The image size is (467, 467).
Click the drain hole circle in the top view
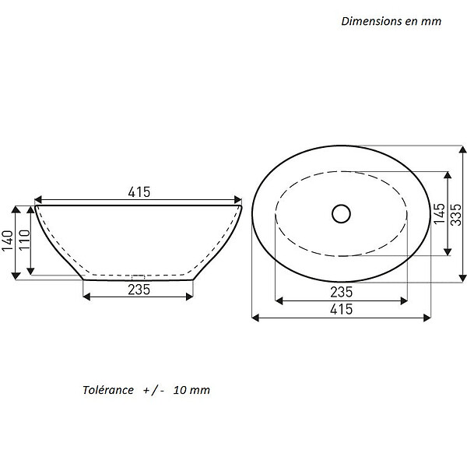341,205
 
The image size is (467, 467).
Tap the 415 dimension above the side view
139,192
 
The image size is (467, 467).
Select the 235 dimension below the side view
139,290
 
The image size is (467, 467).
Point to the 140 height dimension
8,241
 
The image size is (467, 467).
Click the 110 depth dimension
25,240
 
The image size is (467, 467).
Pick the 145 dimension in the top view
440,213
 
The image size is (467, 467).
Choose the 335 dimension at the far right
455,215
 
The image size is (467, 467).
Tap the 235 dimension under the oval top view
342,292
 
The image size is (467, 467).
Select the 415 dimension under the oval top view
342,309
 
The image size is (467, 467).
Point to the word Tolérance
108,390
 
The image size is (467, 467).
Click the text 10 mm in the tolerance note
191,390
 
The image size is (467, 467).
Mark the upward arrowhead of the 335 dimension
462,149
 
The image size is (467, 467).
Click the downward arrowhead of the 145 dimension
448,252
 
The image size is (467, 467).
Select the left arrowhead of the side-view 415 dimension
38,199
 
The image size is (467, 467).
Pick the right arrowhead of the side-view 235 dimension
189,297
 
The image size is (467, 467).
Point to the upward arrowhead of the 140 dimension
16,209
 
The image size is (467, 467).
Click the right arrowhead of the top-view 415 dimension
427,318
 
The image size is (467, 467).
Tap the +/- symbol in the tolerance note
153,390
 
